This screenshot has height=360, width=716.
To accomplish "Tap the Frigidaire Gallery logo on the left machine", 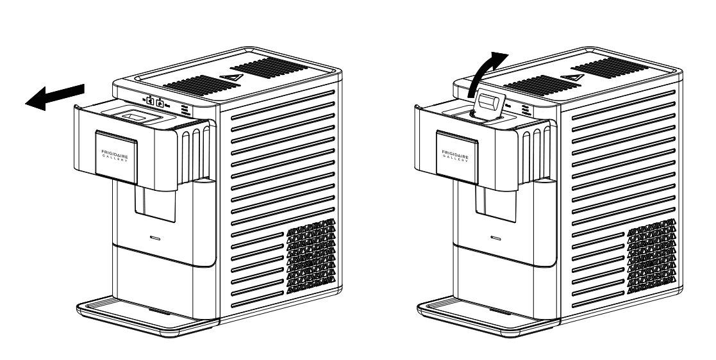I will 115,154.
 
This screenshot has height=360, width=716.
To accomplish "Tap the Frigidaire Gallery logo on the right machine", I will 456,154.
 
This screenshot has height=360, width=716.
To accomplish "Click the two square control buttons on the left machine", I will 154,101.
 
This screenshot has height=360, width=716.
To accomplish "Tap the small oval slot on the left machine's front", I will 154,237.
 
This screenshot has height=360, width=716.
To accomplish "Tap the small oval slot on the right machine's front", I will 495,237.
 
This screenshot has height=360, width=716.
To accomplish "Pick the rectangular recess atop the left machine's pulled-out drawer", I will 135,117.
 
